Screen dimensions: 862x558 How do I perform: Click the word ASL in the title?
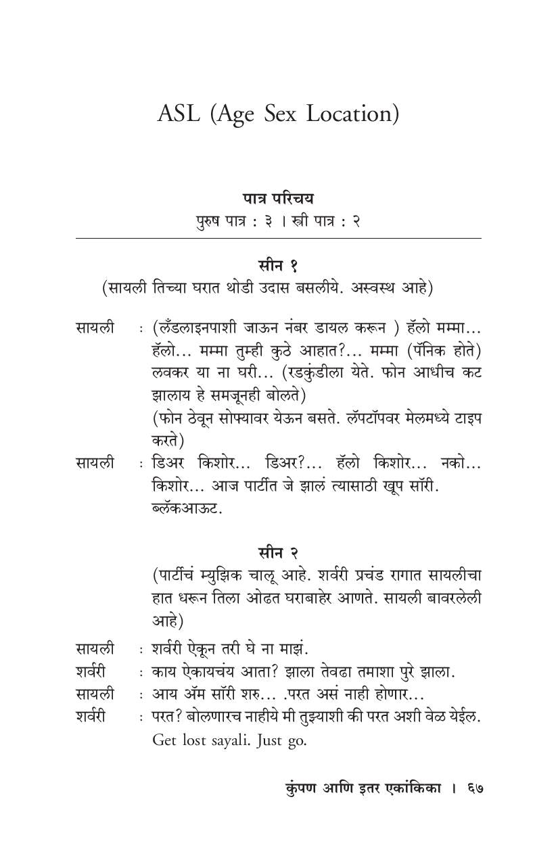pos(179,114)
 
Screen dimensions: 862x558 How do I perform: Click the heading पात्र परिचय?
pos(278,199)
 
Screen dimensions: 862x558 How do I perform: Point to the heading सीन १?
pos(278,264)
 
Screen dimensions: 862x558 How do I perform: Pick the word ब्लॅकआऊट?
pos(187,507)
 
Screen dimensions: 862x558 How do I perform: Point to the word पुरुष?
pos(210,220)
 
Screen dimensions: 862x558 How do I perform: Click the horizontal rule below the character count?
pos(278,239)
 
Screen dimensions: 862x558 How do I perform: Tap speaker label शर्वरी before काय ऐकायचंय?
pos(91,672)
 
